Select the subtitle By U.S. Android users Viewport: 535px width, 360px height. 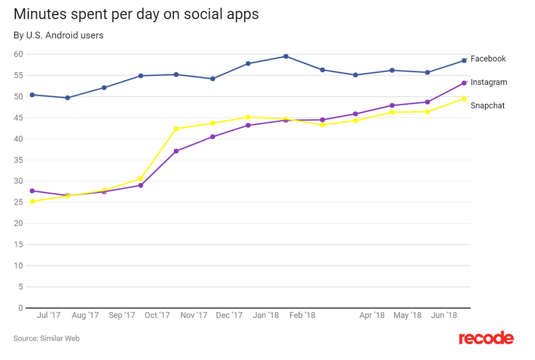[58, 35]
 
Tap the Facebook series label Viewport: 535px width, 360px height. [488, 58]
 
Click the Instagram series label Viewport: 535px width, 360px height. [489, 82]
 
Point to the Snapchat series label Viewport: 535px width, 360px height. [488, 106]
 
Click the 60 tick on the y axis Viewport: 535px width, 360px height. [18, 54]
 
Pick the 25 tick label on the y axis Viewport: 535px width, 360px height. [18, 202]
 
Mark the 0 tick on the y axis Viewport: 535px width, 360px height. [21, 308]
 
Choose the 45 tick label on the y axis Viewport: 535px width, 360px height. [18, 118]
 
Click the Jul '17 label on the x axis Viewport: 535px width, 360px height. [49, 315]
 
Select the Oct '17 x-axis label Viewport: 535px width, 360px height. [157, 315]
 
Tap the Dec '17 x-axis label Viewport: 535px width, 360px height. [229, 315]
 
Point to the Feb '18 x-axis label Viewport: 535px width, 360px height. [302, 315]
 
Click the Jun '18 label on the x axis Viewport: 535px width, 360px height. [444, 315]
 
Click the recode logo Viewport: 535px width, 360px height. [486, 338]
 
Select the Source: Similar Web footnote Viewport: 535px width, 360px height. [46, 339]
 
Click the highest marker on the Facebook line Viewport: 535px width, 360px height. [286, 56]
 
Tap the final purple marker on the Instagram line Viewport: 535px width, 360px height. [464, 83]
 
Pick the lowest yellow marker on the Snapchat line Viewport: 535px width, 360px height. [32, 201]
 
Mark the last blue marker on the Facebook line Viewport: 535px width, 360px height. [464, 60]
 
